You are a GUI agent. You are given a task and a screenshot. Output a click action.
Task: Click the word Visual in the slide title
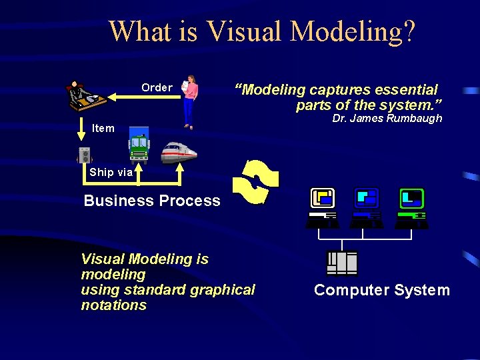[x=246, y=31]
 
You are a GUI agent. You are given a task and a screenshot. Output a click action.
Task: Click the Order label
[x=157, y=87]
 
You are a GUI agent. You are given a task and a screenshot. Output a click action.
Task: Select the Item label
[x=103, y=128]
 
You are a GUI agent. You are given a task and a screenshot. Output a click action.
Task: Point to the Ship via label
[x=111, y=172]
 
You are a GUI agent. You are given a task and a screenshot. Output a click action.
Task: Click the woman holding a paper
[x=190, y=100]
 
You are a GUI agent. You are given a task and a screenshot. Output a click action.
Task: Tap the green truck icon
[x=139, y=145]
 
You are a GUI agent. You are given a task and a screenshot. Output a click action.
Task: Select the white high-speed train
[x=179, y=152]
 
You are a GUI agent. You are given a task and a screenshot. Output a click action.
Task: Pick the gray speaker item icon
[x=84, y=155]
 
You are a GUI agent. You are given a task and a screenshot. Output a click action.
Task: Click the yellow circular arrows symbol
[x=258, y=181]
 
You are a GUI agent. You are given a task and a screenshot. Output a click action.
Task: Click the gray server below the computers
[x=342, y=263]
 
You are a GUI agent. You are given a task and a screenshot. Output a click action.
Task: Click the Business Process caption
[x=152, y=201]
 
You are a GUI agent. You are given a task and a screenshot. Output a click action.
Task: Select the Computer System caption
[x=382, y=290]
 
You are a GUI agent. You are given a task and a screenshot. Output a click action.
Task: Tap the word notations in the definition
[x=113, y=305]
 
